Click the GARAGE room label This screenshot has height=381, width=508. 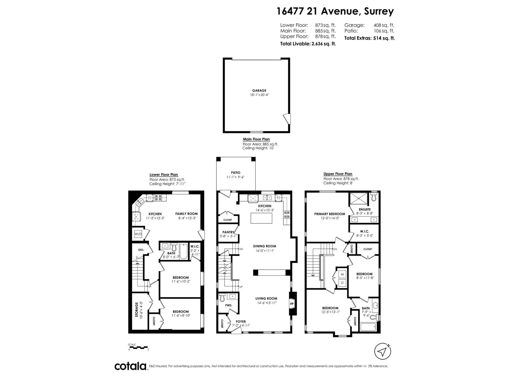(259, 90)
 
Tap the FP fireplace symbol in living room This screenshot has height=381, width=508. (292, 304)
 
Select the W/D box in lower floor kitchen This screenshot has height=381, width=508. (138, 234)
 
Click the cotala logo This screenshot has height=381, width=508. (130, 366)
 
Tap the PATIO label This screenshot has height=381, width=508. (236, 173)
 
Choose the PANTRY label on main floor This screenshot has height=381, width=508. (228, 232)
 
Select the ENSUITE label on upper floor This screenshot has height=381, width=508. (364, 210)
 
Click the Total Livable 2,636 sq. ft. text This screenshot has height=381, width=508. (308, 44)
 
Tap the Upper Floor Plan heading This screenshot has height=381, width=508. (338, 174)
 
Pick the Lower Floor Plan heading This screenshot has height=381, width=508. (164, 175)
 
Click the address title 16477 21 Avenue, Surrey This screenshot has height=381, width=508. (335, 11)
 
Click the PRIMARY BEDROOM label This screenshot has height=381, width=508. (330, 214)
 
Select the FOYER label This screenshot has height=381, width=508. (240, 321)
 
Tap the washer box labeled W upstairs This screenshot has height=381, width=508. (342, 274)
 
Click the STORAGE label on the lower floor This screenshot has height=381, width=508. (137, 310)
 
